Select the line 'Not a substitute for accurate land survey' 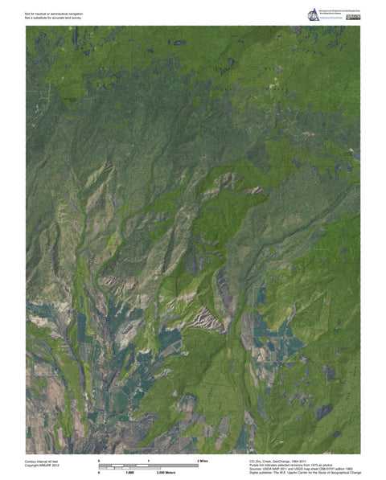55,18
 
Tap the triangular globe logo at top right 313,14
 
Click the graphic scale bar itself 149,465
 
